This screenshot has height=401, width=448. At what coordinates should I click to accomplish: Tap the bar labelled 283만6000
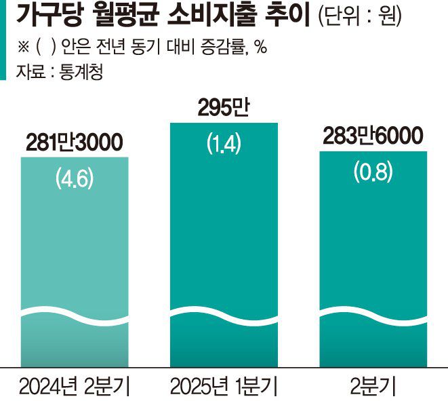pos(373,265)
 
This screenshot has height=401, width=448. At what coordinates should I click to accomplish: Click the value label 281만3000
pos(75,144)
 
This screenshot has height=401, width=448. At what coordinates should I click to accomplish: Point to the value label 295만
pos(224,109)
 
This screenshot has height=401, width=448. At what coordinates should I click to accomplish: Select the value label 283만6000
pos(373,136)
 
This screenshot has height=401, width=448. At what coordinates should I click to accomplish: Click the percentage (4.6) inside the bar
pos(75,180)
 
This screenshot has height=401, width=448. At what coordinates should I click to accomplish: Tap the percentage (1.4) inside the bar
pos(224,145)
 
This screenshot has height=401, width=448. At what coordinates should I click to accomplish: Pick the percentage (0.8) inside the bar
pos(373,172)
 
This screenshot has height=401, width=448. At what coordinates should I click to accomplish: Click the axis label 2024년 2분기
pos(75,387)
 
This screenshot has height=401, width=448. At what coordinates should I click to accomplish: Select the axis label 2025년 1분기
pos(224,387)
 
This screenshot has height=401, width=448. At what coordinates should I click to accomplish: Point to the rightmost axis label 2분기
pos(373,387)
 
